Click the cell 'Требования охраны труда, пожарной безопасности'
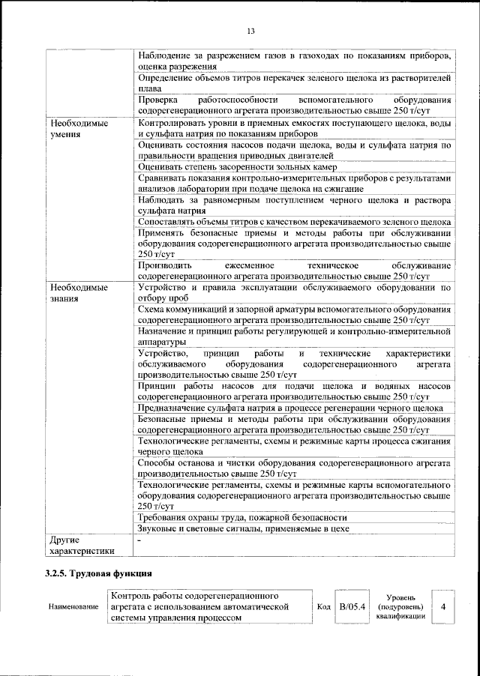[x=242, y=517]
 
